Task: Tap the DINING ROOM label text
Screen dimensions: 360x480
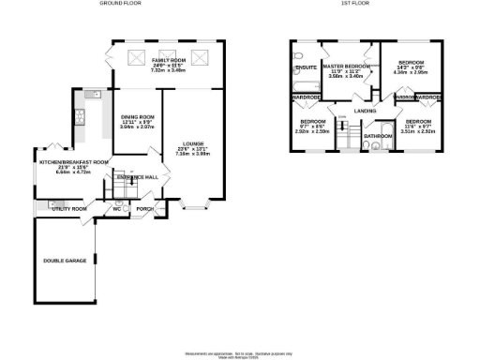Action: point(137,120)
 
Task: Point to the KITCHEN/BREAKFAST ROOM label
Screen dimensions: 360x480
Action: point(67,162)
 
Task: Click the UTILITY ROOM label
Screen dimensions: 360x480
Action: point(67,208)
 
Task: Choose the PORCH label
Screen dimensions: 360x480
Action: point(144,208)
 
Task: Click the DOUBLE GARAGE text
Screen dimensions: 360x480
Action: point(64,260)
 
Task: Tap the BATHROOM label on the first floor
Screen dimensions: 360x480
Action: point(378,137)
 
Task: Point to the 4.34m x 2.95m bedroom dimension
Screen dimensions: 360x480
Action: point(416,71)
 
